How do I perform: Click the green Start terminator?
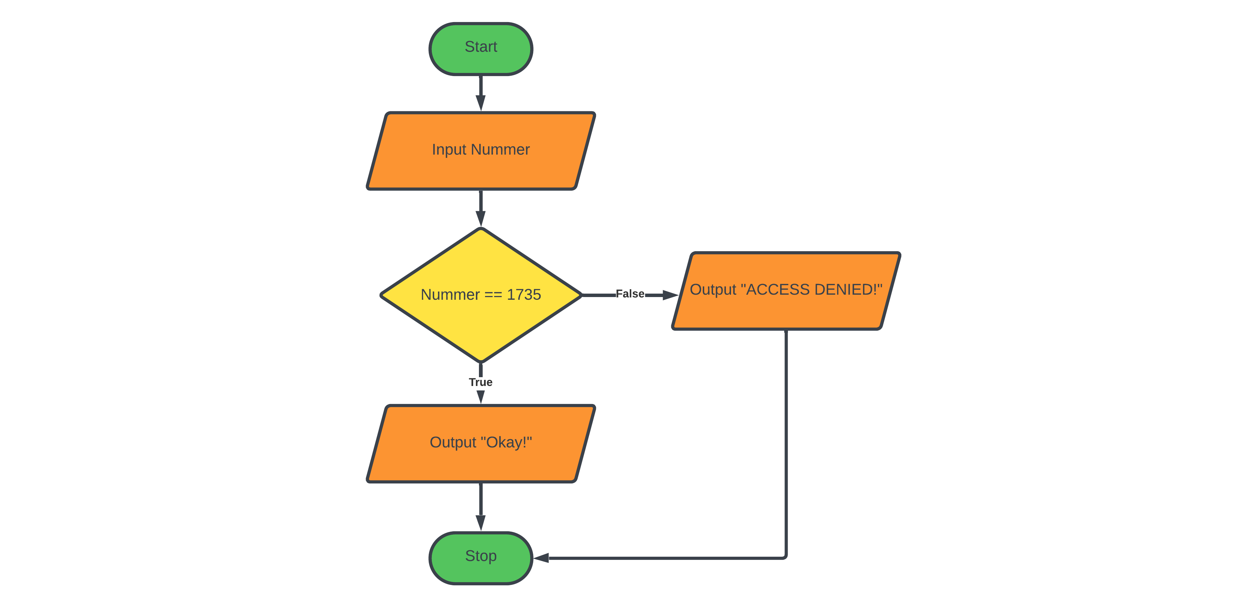point(480,49)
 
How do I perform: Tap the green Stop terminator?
point(480,557)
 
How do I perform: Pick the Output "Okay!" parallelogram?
point(480,443)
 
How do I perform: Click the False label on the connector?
point(630,294)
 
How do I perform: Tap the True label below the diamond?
point(480,382)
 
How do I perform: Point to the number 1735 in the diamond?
point(524,294)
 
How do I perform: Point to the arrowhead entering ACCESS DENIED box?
point(670,295)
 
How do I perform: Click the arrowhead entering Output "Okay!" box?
point(480,397)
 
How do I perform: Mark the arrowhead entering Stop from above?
point(480,523)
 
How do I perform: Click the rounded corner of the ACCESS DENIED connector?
point(784,556)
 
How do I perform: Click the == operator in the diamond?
point(493,294)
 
